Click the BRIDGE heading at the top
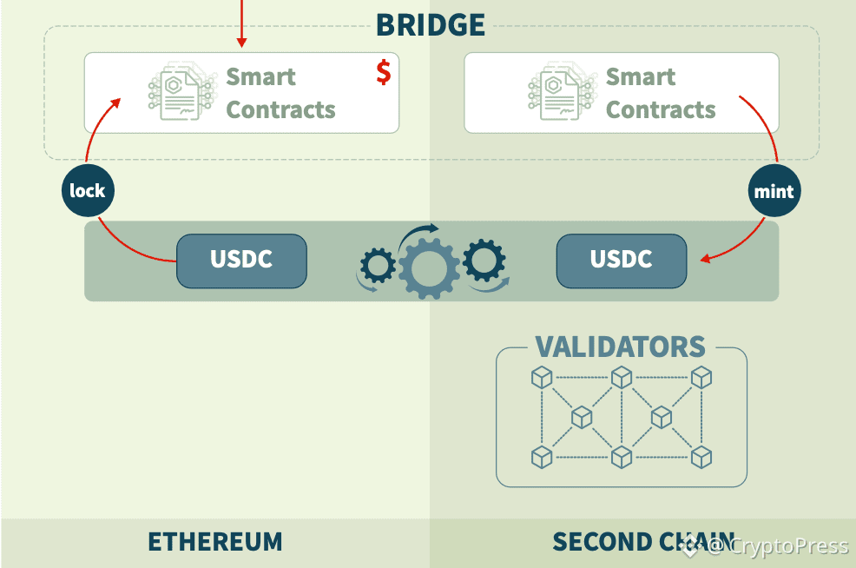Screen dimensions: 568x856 coord(431,24)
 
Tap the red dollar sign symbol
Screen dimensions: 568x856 coord(383,72)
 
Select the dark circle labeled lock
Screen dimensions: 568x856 coord(88,190)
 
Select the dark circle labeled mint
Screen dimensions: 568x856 coord(774,190)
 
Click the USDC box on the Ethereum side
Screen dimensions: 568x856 coord(241,260)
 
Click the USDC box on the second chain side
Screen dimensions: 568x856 coord(622,260)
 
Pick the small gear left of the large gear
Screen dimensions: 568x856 coord(377,265)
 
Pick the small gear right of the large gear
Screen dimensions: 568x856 coord(483,260)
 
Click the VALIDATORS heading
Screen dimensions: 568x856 coord(621,347)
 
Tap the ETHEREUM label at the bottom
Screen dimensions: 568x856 coord(215,542)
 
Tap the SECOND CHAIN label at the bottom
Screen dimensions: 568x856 coord(642,542)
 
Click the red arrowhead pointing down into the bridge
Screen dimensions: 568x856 coord(242,43)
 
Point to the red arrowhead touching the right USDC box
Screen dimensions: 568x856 coord(707,258)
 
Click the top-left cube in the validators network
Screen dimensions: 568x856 coord(542,377)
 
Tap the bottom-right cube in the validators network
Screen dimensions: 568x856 coord(701,456)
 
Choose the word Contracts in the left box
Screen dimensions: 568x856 coord(280,110)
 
